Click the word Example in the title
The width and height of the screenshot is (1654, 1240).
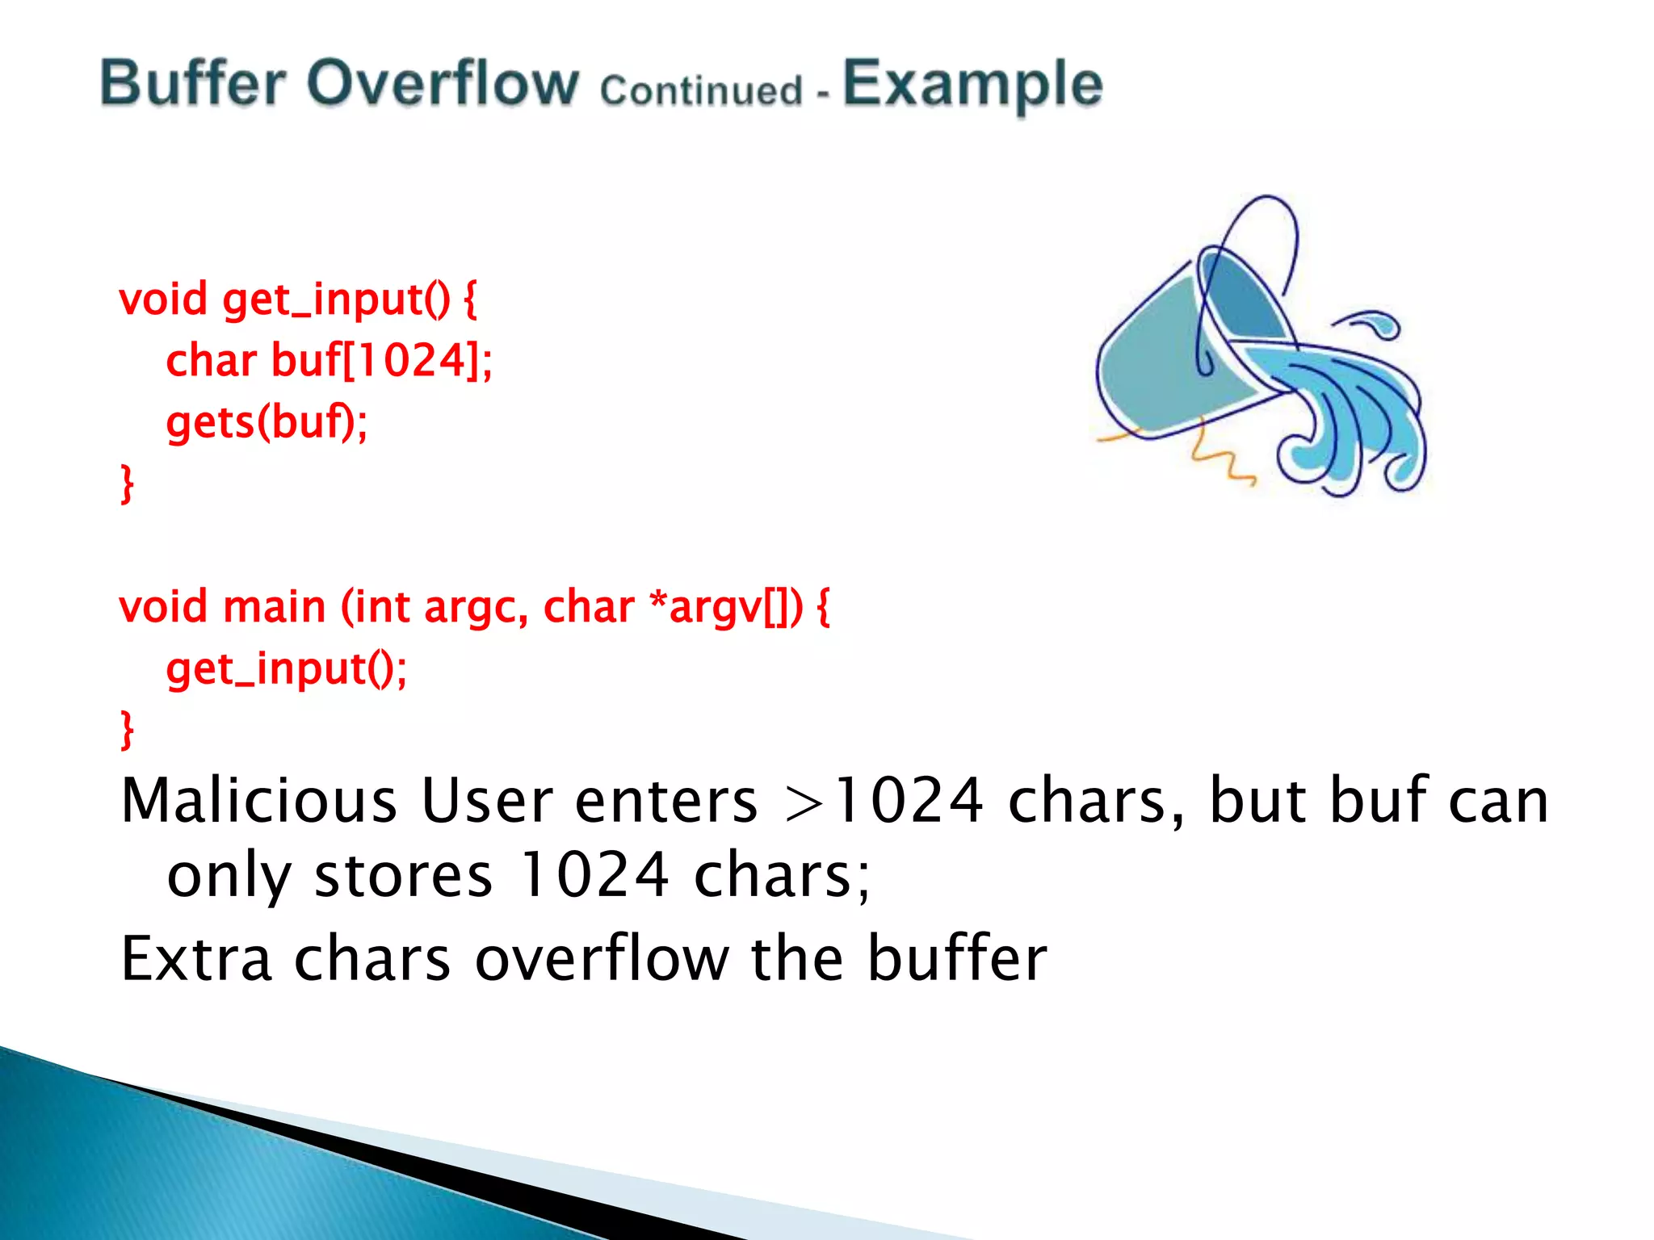coord(972,85)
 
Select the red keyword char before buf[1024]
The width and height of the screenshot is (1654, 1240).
coord(211,360)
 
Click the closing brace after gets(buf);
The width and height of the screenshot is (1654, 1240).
coord(127,484)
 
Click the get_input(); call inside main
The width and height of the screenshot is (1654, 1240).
coord(286,669)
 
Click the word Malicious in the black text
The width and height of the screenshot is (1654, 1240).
coord(258,801)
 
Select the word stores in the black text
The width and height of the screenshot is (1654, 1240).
coord(402,876)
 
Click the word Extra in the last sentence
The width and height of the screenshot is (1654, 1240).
coord(196,958)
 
